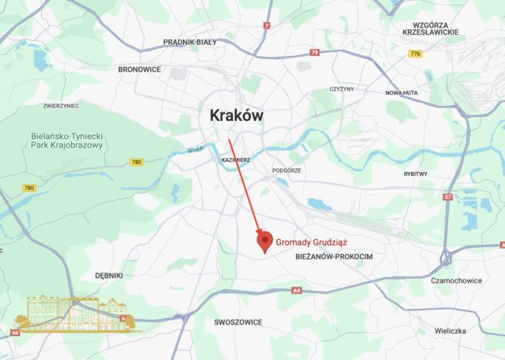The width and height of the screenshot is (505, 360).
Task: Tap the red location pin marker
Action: point(265,242)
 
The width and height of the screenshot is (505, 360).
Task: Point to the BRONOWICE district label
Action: point(140,69)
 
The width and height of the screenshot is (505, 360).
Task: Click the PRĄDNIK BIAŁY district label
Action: point(189,41)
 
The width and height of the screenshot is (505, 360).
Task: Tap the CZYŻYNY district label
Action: point(342,88)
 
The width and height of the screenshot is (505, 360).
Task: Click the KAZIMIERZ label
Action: point(236,160)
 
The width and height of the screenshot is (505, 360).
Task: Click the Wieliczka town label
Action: point(452,331)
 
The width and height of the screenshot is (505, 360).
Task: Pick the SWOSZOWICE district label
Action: point(238,322)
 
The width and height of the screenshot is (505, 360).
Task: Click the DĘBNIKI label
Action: point(108,276)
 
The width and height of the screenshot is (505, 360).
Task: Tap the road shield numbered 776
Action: point(416,53)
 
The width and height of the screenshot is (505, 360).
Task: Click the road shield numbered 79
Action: point(315,52)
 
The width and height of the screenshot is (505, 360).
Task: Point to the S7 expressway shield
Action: point(447,196)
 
